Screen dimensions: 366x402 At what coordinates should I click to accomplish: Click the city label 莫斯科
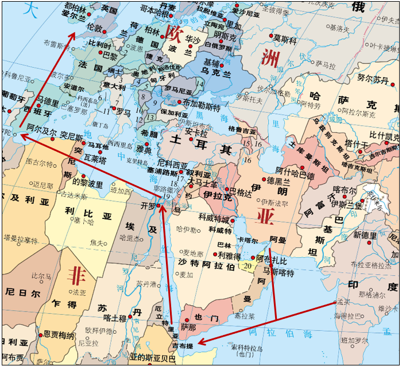click(285, 40)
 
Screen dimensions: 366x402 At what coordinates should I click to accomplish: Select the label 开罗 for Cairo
click(148, 205)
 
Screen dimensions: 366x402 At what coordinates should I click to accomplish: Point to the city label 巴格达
click(241, 190)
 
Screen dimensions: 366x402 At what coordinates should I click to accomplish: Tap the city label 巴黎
click(110, 55)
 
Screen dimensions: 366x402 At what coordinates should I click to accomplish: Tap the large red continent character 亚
click(265, 217)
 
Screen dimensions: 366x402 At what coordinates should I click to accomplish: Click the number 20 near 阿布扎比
click(248, 266)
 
